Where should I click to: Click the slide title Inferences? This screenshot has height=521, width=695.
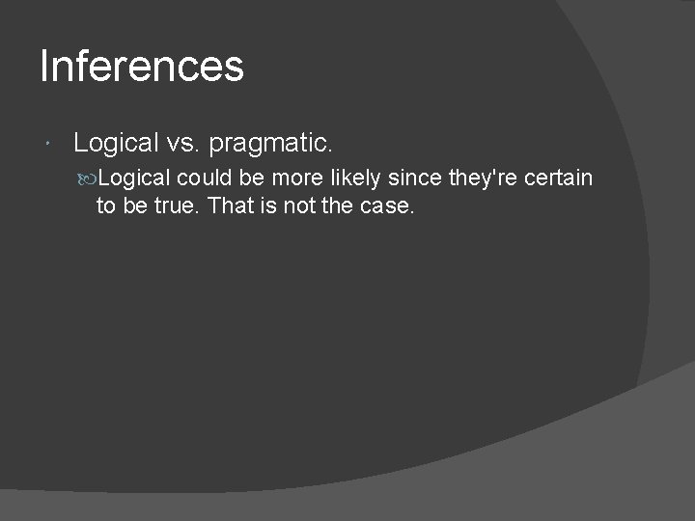[x=142, y=67]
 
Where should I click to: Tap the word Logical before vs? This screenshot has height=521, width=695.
[x=116, y=144]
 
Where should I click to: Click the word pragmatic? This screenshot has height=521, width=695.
[x=270, y=145]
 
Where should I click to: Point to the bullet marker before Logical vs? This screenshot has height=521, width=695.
[x=49, y=145]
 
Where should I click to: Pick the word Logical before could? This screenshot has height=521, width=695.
[x=134, y=178]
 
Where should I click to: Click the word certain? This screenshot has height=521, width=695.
[x=559, y=178]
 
